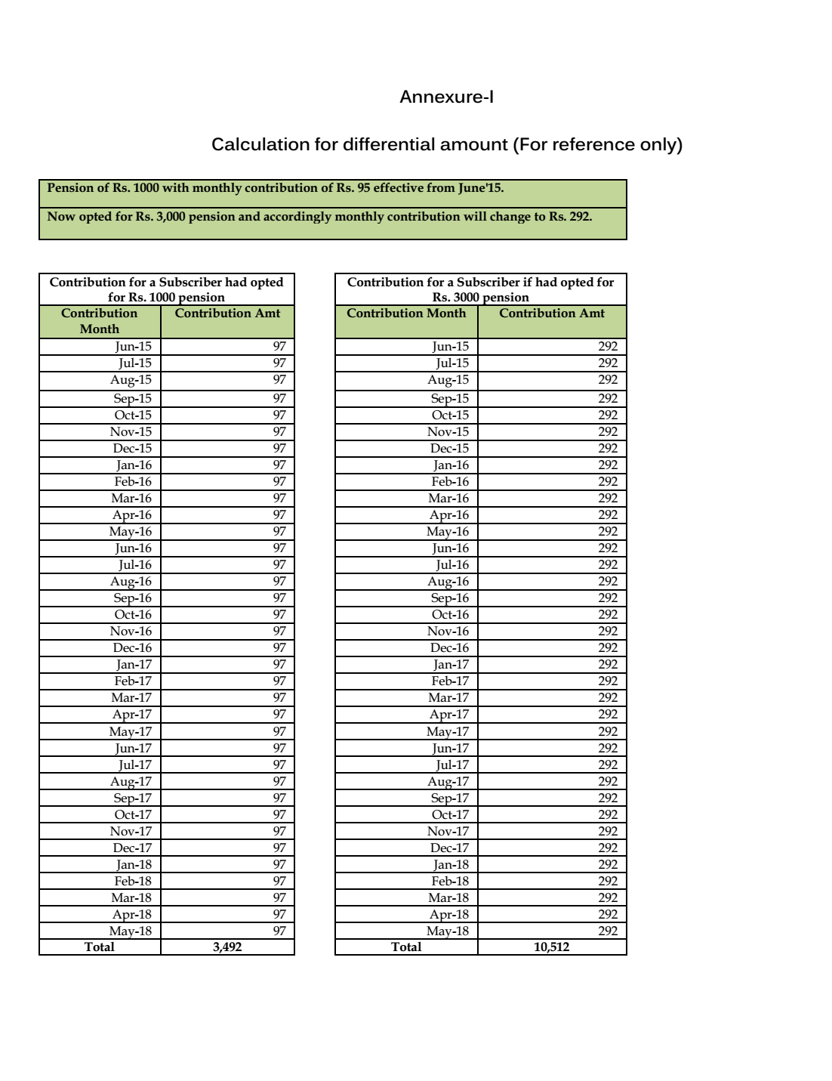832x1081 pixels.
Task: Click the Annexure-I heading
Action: [446, 97]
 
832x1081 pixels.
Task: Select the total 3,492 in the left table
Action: [227, 947]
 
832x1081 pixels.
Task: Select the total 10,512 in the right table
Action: [551, 947]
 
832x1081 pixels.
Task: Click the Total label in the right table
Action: [406, 947]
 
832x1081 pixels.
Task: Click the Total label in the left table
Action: [100, 947]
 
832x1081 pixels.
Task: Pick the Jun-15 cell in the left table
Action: [133, 347]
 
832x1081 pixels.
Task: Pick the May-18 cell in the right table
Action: [448, 931]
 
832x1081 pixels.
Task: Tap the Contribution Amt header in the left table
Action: [227, 313]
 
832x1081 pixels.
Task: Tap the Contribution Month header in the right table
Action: [406, 313]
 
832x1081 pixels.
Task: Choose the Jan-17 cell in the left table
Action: [134, 665]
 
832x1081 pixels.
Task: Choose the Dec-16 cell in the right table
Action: [449, 648]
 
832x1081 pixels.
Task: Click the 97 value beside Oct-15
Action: [279, 415]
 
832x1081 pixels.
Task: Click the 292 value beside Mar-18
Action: [608, 898]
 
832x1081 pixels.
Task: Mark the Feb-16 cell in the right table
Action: [450, 482]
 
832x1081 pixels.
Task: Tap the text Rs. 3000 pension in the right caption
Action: [481, 298]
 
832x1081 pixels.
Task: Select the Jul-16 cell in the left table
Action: [134, 565]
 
